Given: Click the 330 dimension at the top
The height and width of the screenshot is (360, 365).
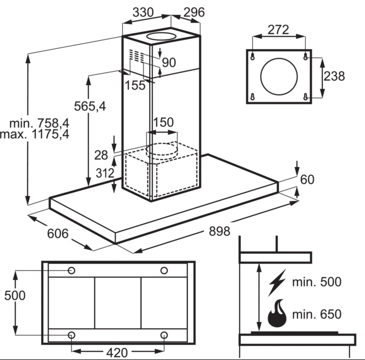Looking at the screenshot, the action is pyautogui.click(x=143, y=12).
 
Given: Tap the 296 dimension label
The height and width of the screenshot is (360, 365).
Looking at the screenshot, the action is pyautogui.click(x=194, y=12).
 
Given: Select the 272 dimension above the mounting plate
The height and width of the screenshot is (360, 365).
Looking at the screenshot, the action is pyautogui.click(x=278, y=30).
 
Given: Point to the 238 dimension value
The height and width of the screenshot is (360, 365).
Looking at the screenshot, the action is pyautogui.click(x=334, y=76).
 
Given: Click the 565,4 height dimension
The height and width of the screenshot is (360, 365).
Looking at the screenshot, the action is pyautogui.click(x=90, y=106).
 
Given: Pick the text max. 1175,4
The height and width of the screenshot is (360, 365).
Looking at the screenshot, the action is pyautogui.click(x=35, y=134).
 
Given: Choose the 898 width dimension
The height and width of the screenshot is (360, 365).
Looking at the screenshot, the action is pyautogui.click(x=219, y=231).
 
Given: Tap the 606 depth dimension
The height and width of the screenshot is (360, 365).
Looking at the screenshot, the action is pyautogui.click(x=58, y=233).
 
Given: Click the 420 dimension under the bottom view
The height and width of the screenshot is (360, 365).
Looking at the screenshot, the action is pyautogui.click(x=117, y=352).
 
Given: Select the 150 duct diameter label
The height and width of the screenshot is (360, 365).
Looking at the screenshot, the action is pyautogui.click(x=164, y=122).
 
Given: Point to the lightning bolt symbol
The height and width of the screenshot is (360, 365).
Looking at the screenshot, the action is pyautogui.click(x=277, y=282).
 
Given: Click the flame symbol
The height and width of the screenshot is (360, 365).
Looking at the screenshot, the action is pyautogui.click(x=277, y=313).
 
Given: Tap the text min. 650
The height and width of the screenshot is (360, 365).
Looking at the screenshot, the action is pyautogui.click(x=317, y=314).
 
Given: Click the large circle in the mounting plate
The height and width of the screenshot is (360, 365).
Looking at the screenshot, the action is pyautogui.click(x=279, y=58).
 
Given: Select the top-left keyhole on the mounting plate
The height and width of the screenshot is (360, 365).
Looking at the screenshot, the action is pyautogui.click(x=253, y=57).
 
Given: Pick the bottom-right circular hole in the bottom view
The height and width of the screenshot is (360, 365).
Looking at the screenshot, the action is pyautogui.click(x=164, y=335).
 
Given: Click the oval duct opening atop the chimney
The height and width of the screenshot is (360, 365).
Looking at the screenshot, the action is pyautogui.click(x=161, y=33).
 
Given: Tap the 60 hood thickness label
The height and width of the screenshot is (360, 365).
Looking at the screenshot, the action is pyautogui.click(x=307, y=179).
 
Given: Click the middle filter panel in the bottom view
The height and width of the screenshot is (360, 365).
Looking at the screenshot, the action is pyautogui.click(x=118, y=303).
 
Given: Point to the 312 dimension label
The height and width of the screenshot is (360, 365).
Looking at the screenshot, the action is pyautogui.click(x=105, y=173).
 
